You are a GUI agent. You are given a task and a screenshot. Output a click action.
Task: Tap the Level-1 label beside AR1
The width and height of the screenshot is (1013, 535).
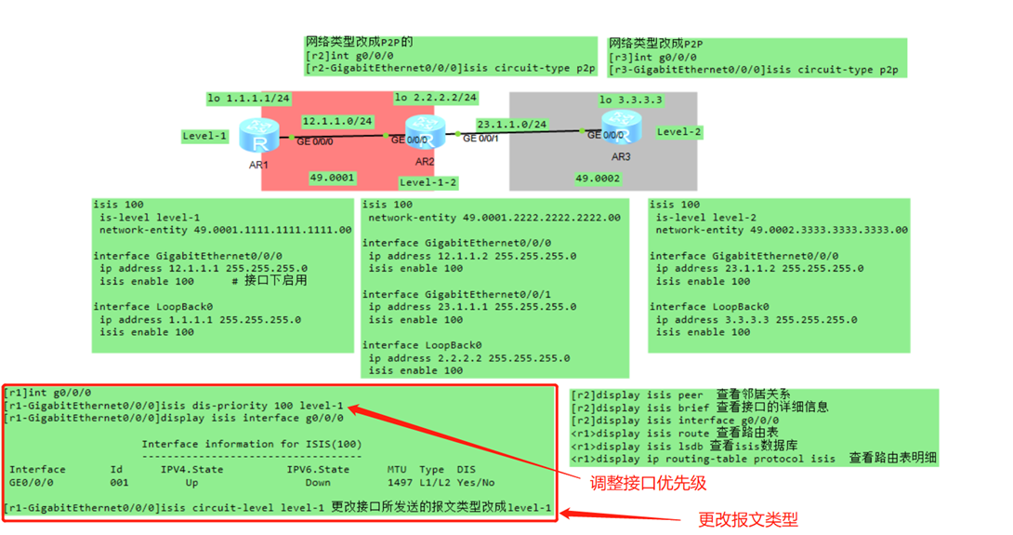coord(204,136)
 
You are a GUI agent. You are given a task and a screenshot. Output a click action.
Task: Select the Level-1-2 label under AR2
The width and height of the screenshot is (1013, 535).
coord(428,182)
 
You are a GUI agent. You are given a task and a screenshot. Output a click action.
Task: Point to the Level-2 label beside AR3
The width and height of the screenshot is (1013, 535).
coord(679,132)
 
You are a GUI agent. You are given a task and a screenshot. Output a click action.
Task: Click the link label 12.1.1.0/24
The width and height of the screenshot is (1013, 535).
coord(337,121)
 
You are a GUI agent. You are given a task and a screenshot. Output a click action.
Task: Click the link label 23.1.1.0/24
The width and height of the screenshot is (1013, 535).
coord(512,124)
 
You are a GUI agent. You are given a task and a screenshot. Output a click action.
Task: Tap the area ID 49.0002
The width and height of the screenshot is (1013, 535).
coord(598,178)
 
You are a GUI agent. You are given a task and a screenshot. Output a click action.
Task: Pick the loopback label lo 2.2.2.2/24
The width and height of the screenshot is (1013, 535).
coord(436,98)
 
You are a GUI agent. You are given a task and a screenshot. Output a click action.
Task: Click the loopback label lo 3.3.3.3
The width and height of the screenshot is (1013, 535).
coord(631,100)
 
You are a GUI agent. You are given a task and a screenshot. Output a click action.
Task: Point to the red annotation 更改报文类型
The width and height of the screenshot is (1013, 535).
coord(748,519)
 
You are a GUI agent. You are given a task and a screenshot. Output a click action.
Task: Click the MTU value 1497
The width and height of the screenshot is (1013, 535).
coord(398,483)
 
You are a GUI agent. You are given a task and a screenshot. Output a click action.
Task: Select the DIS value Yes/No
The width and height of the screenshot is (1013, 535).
coord(475,483)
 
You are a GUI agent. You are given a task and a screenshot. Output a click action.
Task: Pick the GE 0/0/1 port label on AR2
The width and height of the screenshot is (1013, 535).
coord(481,139)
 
